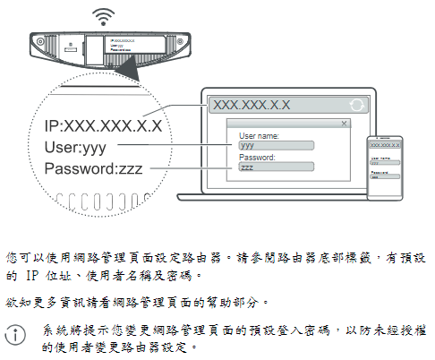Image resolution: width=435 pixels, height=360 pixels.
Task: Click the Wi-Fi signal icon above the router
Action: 103,17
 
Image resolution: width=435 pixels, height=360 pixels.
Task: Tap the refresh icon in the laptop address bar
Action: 357,105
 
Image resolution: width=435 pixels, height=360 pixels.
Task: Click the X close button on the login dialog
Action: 344,124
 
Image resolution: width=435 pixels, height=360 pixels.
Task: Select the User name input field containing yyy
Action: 277,145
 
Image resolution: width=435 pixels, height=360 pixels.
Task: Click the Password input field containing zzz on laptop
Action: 277,167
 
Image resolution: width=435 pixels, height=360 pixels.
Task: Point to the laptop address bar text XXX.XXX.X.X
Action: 252,105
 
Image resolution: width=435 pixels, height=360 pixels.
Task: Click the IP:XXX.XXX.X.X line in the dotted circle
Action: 103,125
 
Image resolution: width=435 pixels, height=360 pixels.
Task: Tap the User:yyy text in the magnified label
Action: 75,147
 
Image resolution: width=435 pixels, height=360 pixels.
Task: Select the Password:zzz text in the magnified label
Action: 93,168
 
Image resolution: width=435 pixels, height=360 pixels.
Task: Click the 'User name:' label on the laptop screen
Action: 259,136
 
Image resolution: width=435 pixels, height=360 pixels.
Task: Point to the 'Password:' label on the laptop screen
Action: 257,158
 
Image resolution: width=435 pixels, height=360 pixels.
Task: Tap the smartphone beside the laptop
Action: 385,168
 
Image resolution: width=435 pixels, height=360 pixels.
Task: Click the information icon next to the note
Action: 15,335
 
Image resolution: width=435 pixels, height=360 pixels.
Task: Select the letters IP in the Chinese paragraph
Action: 32,275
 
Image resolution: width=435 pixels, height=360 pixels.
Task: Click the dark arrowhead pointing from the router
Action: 128,68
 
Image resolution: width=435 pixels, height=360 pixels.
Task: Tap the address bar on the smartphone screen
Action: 385,145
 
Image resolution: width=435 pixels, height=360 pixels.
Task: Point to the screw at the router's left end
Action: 40,41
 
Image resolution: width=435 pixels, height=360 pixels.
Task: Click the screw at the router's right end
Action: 180,41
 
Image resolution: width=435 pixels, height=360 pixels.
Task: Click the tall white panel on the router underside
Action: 94,50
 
